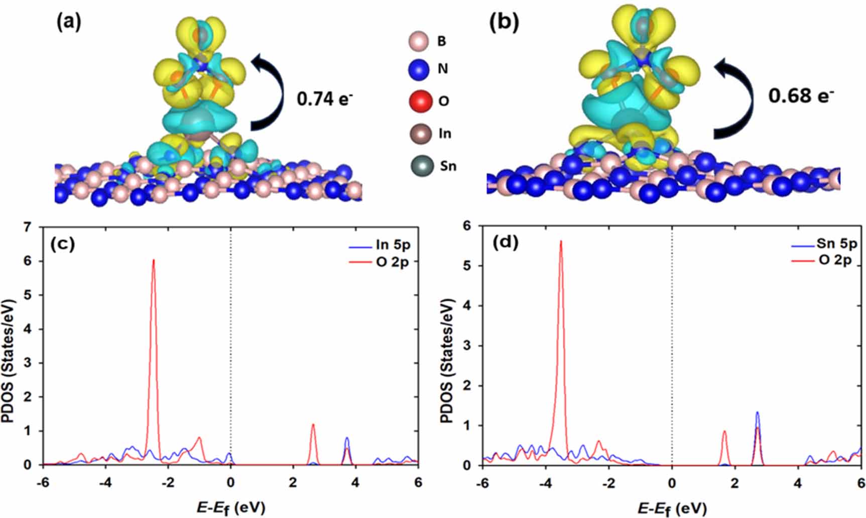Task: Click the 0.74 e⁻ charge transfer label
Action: tap(324, 98)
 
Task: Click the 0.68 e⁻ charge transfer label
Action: tap(800, 95)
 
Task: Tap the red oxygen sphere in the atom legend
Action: tap(420, 101)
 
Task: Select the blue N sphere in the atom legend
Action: tap(419, 69)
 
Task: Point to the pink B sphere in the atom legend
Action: tap(419, 41)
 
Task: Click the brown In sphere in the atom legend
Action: tap(420, 134)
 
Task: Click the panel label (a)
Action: tap(69, 23)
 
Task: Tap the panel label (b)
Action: tap(504, 23)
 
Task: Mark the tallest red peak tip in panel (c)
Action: tap(154, 260)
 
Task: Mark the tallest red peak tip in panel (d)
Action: tap(561, 242)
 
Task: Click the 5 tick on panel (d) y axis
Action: tap(468, 266)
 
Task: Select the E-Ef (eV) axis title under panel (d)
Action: tap(672, 508)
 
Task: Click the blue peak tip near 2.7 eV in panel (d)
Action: tap(757, 412)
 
